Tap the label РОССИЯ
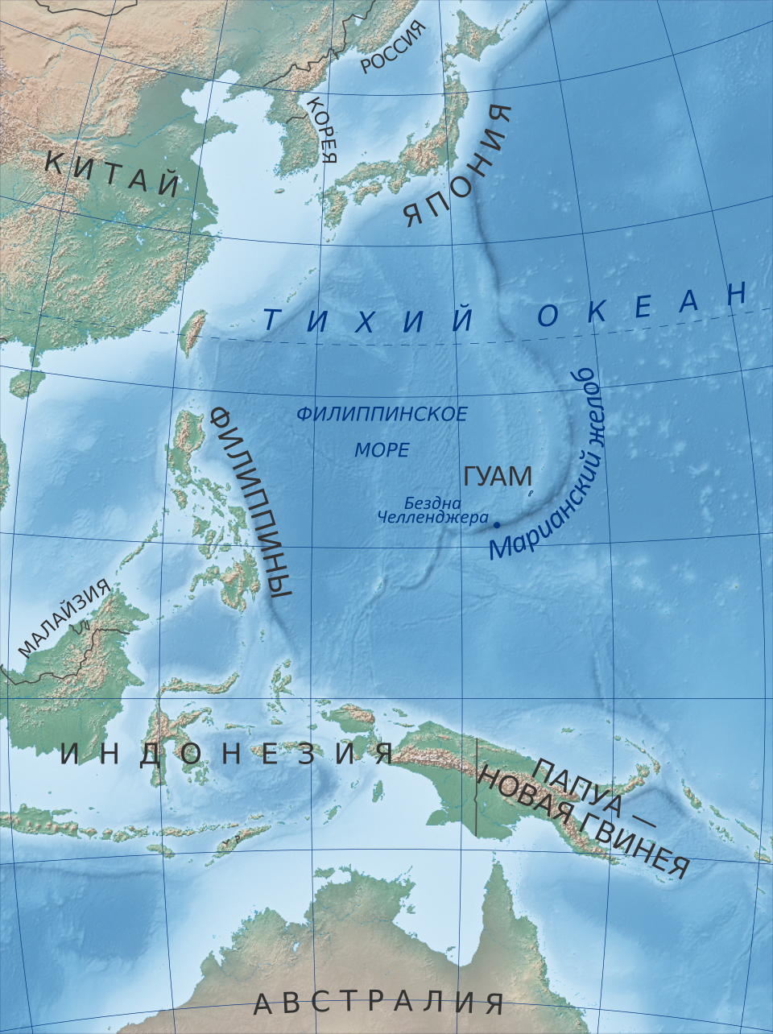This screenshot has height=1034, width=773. click(392, 48)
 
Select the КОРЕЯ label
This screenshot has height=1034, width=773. click(322, 129)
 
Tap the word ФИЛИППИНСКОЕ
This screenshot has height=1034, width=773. click(382, 415)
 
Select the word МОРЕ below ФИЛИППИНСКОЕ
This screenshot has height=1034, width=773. click(382, 450)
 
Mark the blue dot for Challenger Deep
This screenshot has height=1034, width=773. click(497, 525)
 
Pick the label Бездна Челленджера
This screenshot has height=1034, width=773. click(434, 510)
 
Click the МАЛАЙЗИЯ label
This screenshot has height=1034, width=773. click(64, 618)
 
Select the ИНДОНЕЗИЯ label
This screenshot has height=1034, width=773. click(227, 755)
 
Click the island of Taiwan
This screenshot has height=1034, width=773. click(192, 333)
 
